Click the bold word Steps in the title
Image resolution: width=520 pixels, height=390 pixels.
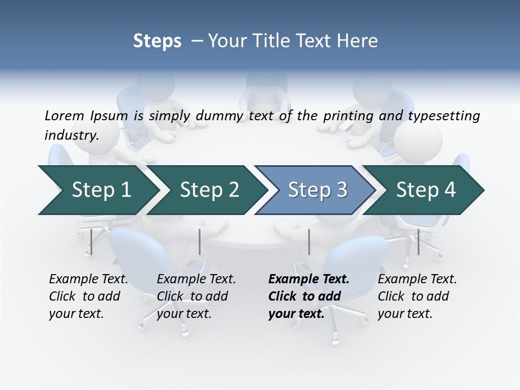pyautogui.click(x=157, y=41)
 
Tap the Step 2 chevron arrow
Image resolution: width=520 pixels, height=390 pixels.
pyautogui.click(x=209, y=190)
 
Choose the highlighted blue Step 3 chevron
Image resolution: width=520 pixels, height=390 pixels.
pyautogui.click(x=317, y=190)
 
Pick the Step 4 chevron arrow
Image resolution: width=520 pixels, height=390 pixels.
pyautogui.click(x=426, y=190)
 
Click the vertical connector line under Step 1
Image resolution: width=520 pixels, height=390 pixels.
pyautogui.click(x=92, y=242)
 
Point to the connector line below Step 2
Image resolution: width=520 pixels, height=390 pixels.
pyautogui.click(x=200, y=242)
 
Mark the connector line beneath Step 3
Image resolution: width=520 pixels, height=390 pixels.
pyautogui.click(x=309, y=242)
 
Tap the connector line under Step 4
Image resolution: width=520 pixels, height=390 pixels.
pyautogui.click(x=418, y=242)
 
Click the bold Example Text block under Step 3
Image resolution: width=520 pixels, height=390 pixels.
pyautogui.click(x=309, y=296)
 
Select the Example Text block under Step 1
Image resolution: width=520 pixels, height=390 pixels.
pyautogui.click(x=88, y=296)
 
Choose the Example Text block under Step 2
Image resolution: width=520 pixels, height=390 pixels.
pyautogui.click(x=196, y=296)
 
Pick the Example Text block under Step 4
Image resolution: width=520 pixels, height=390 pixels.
pyautogui.click(x=417, y=296)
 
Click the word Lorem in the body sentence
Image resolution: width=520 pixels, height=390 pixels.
pyautogui.click(x=64, y=115)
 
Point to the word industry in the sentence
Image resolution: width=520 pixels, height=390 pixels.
pyautogui.click(x=71, y=135)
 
